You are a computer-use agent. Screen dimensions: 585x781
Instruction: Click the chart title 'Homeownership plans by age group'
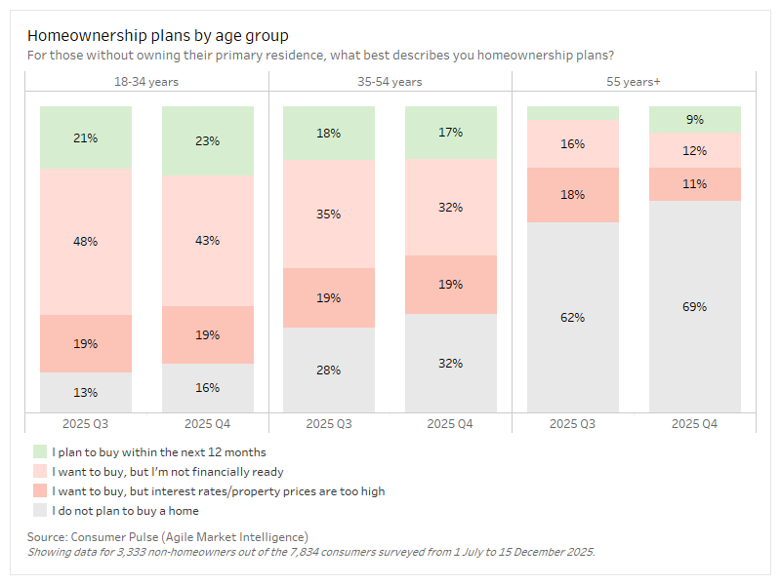click(157, 36)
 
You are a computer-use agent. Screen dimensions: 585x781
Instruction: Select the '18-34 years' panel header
click(146, 82)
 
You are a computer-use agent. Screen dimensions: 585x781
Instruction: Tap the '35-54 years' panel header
click(390, 82)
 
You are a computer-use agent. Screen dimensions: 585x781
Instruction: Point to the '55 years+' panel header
click(633, 82)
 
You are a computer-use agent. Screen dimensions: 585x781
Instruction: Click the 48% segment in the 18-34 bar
click(86, 242)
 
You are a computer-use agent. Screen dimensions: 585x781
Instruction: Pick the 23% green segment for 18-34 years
click(207, 140)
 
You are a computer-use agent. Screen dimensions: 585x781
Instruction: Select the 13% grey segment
click(86, 392)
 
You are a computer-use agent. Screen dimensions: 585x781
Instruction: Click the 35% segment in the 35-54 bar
click(329, 214)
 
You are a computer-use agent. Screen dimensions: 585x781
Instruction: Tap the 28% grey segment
click(329, 370)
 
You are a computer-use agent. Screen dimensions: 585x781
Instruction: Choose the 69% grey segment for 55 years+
click(695, 306)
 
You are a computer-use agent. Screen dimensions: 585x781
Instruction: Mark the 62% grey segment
click(573, 317)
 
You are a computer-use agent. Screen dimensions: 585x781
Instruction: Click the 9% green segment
click(695, 119)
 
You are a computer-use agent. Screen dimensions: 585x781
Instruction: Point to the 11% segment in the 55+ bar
click(695, 183)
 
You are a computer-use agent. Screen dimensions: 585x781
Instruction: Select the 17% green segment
click(450, 133)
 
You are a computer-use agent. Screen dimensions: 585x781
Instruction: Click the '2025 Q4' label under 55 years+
click(695, 424)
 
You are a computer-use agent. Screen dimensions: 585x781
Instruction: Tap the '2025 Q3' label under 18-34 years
click(86, 424)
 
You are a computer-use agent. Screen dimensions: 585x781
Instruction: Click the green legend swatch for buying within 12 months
click(40, 452)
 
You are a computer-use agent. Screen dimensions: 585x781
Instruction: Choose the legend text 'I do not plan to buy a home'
click(126, 510)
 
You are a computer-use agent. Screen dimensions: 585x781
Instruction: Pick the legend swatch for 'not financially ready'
click(40, 472)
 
